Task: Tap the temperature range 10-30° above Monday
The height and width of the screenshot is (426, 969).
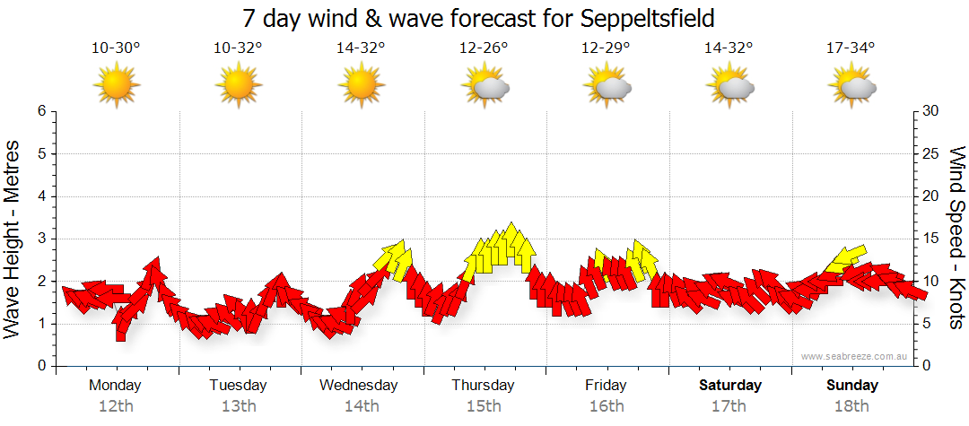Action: (116, 48)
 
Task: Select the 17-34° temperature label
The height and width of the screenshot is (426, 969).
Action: (851, 48)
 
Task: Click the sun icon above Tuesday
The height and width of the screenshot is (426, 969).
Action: (239, 87)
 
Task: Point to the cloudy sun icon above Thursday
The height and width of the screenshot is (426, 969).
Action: (484, 87)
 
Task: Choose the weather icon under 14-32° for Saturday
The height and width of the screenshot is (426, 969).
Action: (729, 87)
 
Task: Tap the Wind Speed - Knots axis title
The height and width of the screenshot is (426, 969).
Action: (956, 238)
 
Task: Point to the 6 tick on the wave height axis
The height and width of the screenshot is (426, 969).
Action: (41, 111)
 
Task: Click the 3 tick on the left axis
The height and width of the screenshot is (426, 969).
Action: (41, 239)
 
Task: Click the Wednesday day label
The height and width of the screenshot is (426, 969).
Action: (359, 386)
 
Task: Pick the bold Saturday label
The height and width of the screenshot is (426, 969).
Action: (730, 386)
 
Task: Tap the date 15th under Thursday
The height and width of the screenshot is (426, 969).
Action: (484, 406)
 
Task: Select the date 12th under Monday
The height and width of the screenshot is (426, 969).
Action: (116, 406)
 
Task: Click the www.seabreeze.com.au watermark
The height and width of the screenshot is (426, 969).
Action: (855, 356)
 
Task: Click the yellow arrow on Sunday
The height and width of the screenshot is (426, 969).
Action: (845, 259)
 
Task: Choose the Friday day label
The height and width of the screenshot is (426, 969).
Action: (606, 386)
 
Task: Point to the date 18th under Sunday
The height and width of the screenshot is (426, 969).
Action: (851, 406)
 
